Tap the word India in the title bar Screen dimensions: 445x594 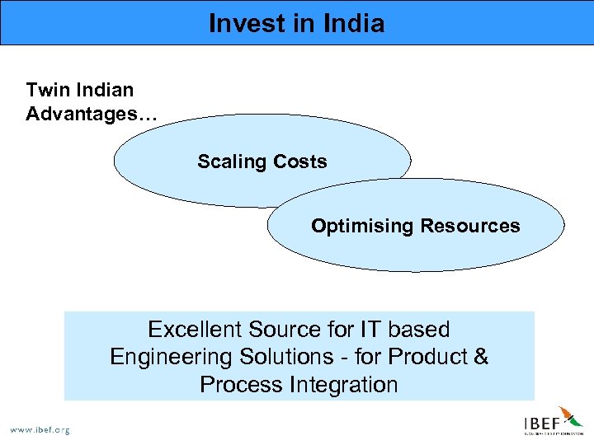354,23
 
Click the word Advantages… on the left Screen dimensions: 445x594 91,115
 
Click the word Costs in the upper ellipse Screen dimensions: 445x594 299,162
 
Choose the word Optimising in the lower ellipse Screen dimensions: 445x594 362,226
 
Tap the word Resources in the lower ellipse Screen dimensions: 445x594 470,226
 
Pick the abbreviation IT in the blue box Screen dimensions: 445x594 370,330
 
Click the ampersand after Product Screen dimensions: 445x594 480,358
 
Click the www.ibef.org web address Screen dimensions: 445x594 40,429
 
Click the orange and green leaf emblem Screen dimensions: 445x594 571,416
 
